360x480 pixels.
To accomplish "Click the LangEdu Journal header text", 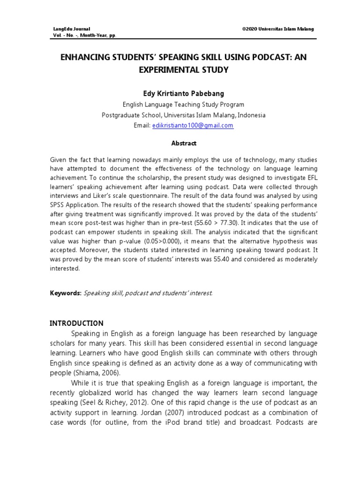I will tap(72, 29).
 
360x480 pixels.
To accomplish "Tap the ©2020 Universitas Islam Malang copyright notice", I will tap(278, 29).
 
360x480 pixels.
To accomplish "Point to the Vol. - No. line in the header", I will tap(85, 35).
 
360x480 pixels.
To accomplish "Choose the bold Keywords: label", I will tap(66, 293).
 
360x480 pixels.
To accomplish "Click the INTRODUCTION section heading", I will tap(76, 323).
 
